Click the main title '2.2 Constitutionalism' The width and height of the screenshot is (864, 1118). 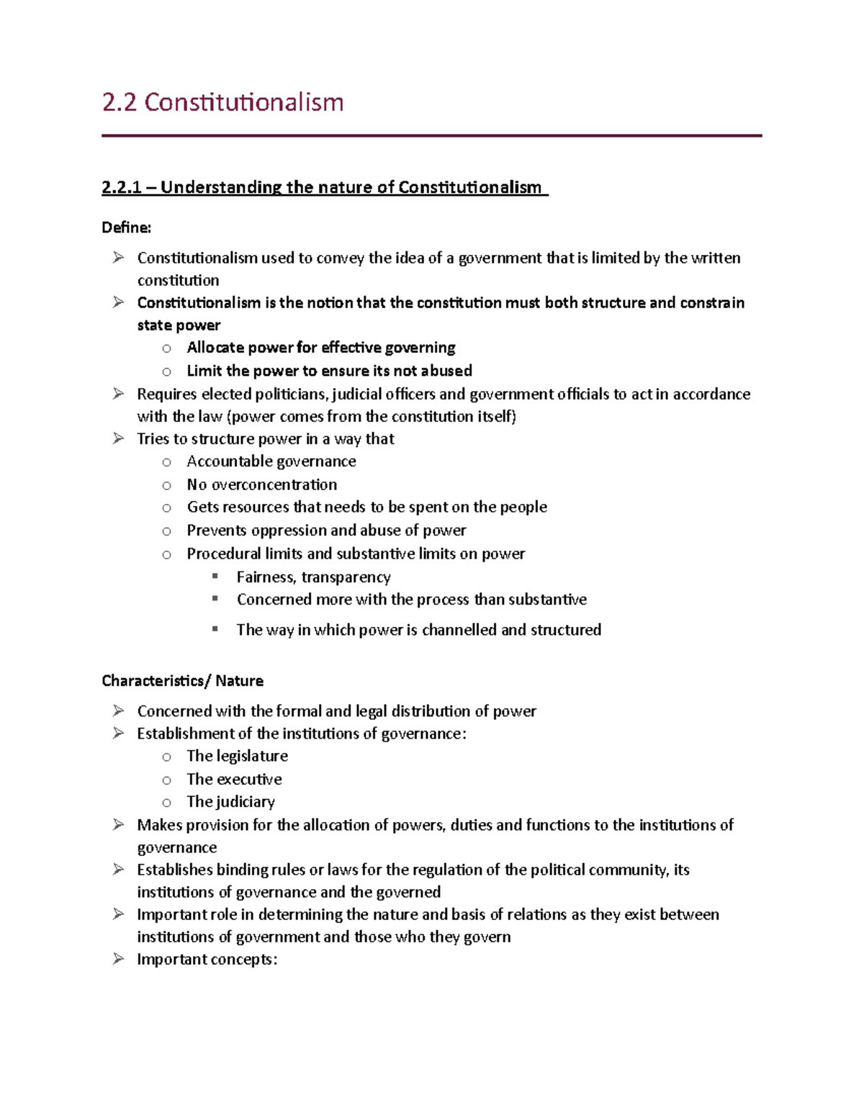[x=222, y=102]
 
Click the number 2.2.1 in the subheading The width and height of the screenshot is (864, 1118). [x=120, y=188]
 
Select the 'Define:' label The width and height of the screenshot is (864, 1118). [x=127, y=227]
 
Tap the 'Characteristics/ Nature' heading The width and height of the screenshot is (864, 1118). [x=182, y=681]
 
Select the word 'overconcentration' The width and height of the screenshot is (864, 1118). [x=274, y=484]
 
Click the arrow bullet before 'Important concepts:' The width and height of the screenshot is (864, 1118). [x=118, y=959]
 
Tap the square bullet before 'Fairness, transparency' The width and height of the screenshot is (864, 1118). [x=215, y=576]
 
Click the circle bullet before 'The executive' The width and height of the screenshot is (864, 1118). [x=166, y=780]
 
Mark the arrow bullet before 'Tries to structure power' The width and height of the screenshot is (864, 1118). [x=118, y=438]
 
